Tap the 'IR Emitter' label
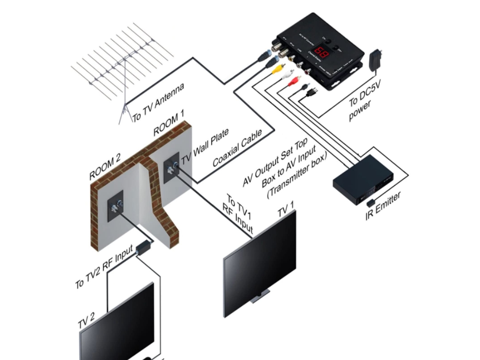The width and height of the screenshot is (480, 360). click(384, 207)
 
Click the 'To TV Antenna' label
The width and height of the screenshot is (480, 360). click(158, 103)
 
